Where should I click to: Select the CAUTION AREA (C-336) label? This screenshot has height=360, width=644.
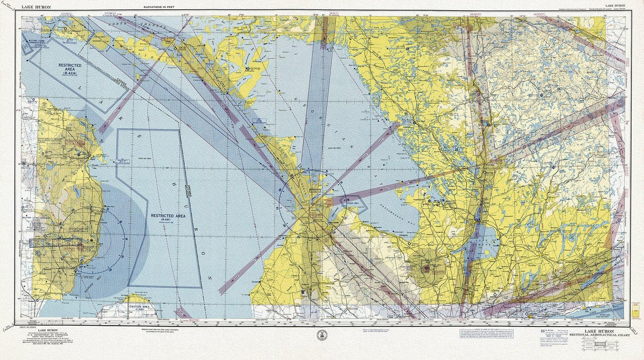coord(139,307)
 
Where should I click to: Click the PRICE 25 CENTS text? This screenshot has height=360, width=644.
coord(27,327)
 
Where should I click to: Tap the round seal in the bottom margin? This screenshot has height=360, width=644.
coord(322,335)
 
